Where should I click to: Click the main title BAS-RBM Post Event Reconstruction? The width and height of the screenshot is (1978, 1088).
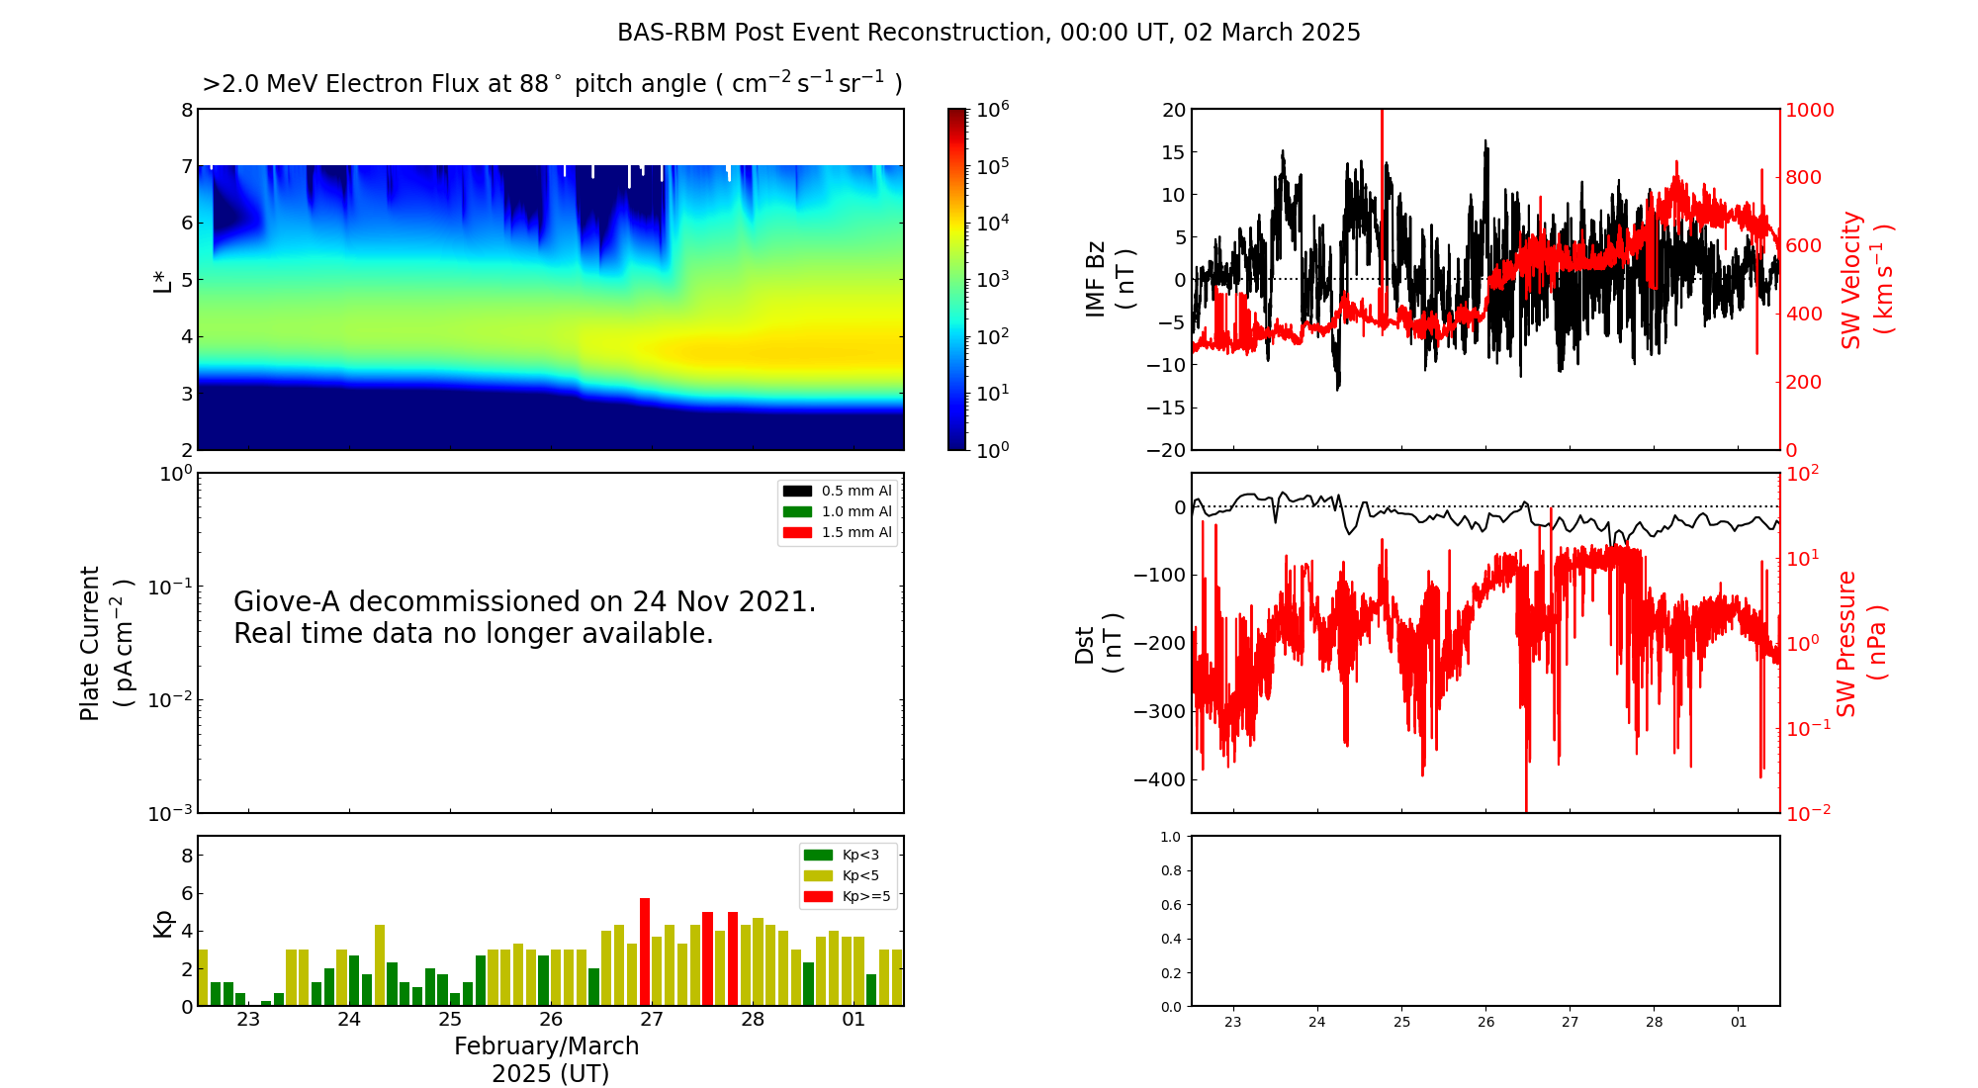coord(988,33)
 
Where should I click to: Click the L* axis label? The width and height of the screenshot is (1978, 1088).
coord(163,281)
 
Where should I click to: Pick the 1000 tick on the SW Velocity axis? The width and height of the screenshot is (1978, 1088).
coord(1810,110)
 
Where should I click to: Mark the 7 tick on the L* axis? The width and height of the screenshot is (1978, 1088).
coord(186,166)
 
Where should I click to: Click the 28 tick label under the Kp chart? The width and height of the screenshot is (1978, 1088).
coord(753,1020)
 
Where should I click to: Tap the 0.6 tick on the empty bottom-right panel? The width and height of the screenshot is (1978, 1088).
coord(1170,905)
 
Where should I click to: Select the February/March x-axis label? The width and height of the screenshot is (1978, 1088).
coord(547,1046)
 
